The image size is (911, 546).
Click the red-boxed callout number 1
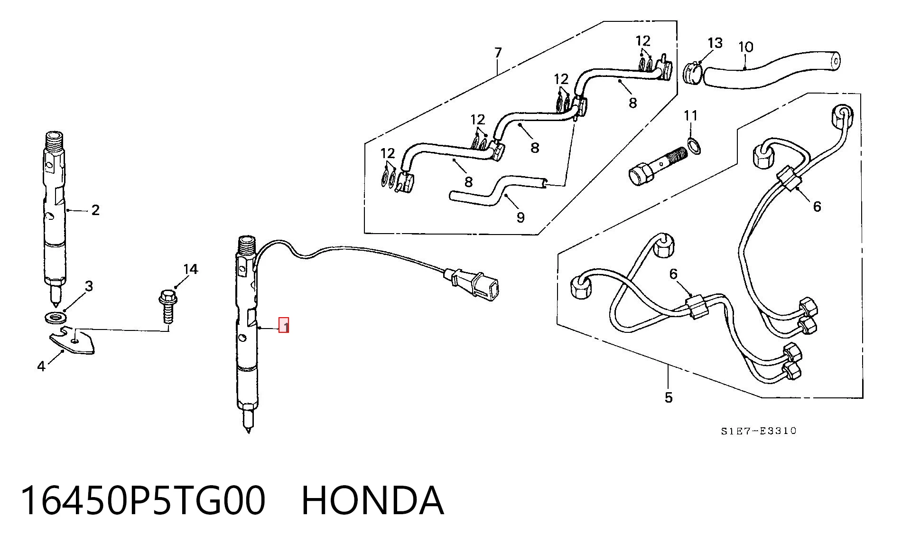(284, 325)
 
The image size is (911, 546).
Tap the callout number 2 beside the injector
(95, 210)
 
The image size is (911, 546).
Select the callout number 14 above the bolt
(190, 270)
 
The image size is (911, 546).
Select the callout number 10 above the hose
(746, 47)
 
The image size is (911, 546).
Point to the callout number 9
(521, 217)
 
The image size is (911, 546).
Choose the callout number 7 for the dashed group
(498, 52)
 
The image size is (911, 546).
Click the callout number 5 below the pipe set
(669, 397)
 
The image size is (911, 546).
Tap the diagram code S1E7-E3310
(758, 431)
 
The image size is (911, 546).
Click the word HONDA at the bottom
(373, 500)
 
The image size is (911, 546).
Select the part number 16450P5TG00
(142, 500)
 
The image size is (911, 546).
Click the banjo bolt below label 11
(658, 166)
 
